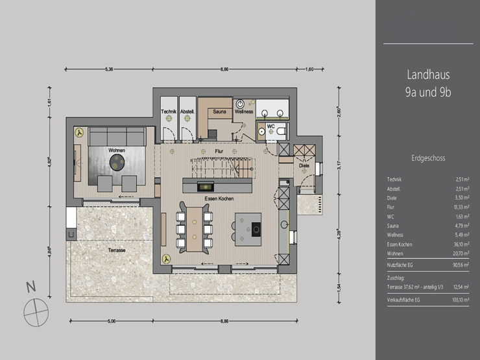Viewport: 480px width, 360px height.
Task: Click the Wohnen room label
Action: click(117, 150)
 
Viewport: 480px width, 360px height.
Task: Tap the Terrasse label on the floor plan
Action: click(117, 249)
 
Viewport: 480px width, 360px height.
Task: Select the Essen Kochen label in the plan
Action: click(219, 199)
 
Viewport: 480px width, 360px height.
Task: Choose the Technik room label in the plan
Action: click(169, 112)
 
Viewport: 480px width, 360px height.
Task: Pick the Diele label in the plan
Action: click(304, 165)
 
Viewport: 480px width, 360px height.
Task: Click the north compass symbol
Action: click(36, 313)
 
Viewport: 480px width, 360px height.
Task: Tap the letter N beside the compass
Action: click(29, 286)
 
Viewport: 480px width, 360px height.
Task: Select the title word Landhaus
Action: click(428, 75)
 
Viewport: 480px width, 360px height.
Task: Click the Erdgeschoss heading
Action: click(428, 158)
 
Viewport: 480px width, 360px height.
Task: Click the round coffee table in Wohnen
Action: click(117, 165)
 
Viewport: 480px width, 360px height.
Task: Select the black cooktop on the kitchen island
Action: click(256, 228)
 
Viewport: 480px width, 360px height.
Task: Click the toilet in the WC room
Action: click(281, 130)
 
